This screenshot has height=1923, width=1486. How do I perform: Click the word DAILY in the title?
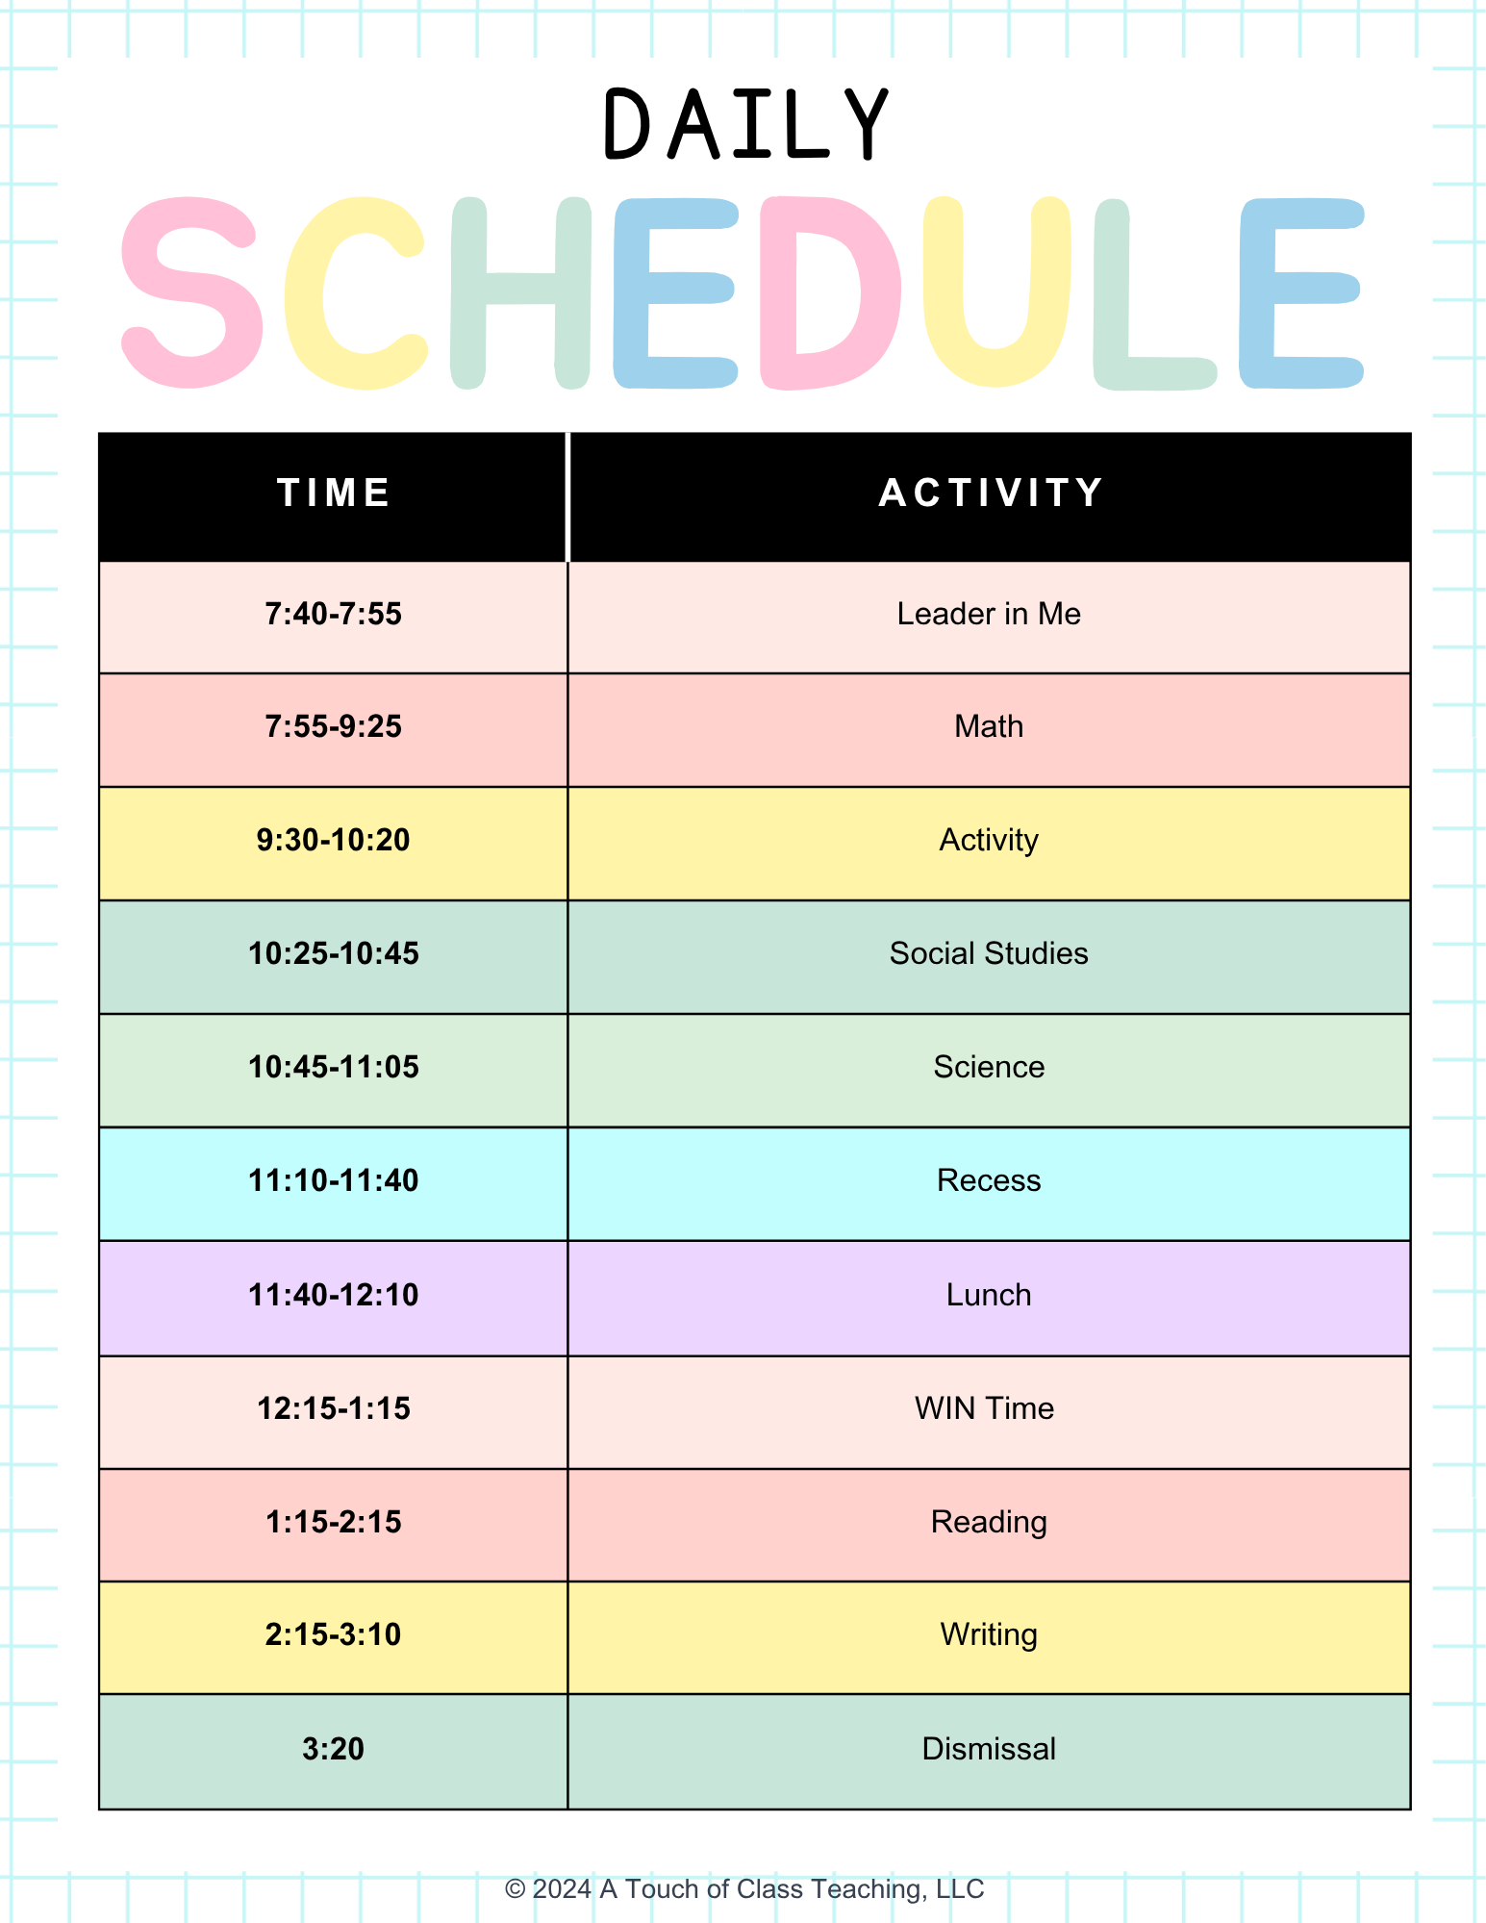[x=745, y=125]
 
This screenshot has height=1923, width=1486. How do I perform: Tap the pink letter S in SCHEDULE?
[x=191, y=292]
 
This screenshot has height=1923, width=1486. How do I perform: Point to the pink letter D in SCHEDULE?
[x=829, y=292]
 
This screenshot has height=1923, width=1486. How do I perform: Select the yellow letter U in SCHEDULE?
[x=996, y=292]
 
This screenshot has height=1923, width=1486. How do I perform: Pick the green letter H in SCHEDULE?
[x=520, y=292]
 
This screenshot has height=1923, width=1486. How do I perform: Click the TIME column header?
[x=333, y=493]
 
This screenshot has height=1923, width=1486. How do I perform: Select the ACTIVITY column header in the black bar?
[x=991, y=493]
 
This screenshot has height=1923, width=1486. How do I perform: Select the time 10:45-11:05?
[x=333, y=1067]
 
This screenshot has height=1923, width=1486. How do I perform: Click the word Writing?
[x=989, y=1635]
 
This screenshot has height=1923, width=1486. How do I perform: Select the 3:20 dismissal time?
[x=333, y=1748]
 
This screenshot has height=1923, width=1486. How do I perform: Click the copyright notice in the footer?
[x=744, y=1888]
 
